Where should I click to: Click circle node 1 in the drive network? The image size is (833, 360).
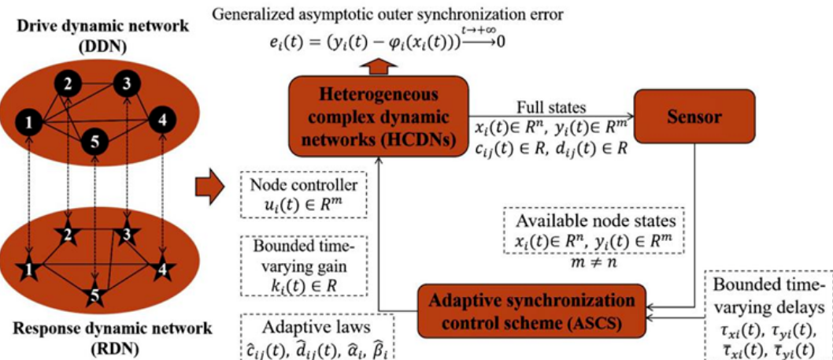coord(29,122)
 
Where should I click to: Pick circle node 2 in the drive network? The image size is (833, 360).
coord(68,84)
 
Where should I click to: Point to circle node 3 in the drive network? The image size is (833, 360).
coord(124,83)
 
